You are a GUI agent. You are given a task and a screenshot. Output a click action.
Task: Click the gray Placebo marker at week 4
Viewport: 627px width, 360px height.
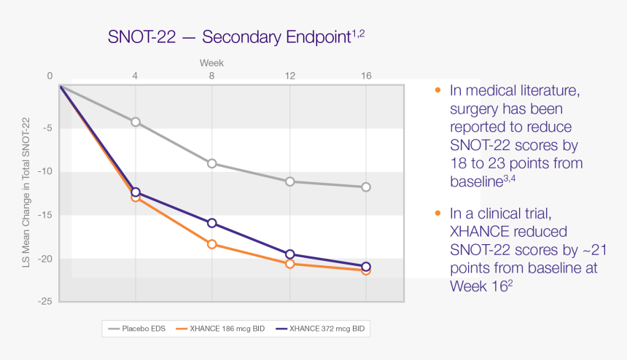point(136,122)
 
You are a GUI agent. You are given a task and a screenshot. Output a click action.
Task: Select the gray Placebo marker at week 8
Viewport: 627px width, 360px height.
point(212,163)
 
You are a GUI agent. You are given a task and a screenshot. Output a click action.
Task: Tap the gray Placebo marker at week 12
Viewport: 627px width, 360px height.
point(289,181)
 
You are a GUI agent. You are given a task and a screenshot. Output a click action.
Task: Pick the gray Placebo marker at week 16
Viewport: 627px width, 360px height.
point(366,187)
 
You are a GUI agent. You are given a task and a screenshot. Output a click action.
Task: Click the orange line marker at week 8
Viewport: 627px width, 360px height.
point(212,244)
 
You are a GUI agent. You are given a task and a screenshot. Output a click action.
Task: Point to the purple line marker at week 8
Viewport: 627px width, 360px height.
point(212,222)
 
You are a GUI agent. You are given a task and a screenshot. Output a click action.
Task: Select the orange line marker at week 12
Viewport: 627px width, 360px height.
point(289,264)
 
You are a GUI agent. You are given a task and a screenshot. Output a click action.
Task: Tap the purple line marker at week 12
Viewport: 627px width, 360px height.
point(289,254)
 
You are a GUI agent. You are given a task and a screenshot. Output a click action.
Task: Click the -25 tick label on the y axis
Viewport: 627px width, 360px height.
point(46,301)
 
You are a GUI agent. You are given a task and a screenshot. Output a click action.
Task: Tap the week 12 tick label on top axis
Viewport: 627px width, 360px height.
point(289,76)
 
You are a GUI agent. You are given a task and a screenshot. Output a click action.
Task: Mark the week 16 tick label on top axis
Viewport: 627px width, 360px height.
point(366,76)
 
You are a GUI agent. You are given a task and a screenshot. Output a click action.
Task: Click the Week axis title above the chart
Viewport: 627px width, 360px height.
point(212,63)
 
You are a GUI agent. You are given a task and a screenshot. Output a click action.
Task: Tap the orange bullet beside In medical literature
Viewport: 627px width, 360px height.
point(437,90)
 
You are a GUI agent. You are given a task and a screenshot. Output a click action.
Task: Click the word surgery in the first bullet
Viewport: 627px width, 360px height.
point(475,109)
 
